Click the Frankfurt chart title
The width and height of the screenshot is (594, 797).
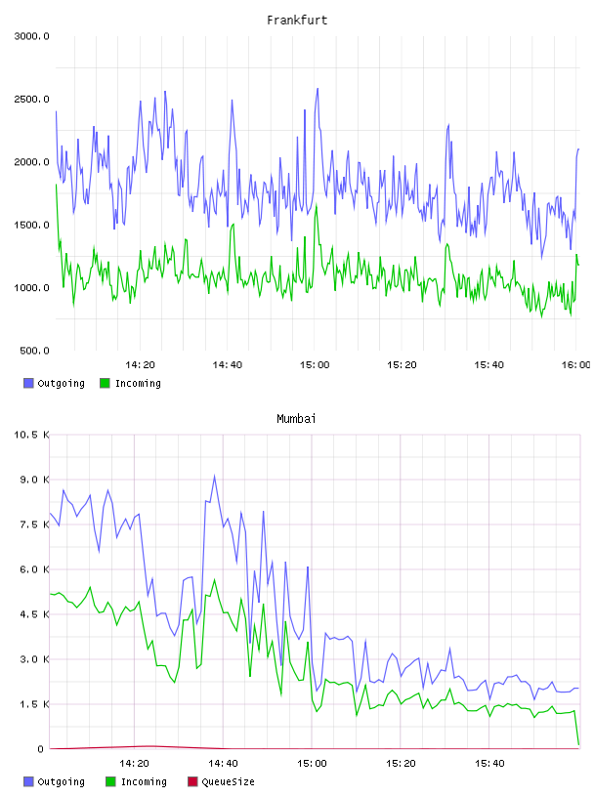click(x=297, y=21)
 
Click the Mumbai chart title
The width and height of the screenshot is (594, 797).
click(x=296, y=419)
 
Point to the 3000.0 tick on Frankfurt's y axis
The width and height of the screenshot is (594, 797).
click(x=31, y=36)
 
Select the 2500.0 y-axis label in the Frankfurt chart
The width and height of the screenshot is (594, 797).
click(x=31, y=99)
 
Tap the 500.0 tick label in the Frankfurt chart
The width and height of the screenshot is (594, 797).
click(x=34, y=351)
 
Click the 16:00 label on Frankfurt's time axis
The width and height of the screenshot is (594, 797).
click(x=575, y=365)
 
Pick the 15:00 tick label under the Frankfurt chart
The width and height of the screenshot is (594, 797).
click(x=315, y=365)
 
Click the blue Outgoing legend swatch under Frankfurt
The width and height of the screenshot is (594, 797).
click(x=28, y=383)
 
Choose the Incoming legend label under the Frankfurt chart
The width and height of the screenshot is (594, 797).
click(x=138, y=383)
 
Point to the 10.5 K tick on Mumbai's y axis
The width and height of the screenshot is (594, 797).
click(x=31, y=435)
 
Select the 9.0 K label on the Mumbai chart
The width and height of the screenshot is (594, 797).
click(x=34, y=480)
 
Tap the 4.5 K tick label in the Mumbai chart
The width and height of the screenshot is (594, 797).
click(x=34, y=614)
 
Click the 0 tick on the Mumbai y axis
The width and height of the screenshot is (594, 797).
click(x=40, y=749)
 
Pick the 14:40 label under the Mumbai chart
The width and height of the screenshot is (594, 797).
click(x=223, y=764)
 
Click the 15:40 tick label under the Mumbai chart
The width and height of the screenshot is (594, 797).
click(x=489, y=764)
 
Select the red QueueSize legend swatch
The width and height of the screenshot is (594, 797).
click(x=192, y=781)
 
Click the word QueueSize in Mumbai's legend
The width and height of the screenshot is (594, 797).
click(x=229, y=781)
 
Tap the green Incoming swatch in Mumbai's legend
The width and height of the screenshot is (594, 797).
click(x=110, y=781)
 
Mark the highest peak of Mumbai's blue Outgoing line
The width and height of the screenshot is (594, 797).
click(x=215, y=476)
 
